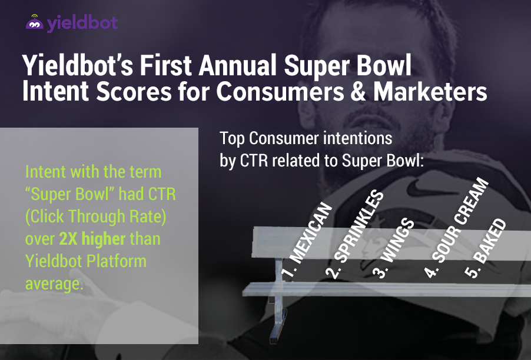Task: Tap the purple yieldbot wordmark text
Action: coord(82,23)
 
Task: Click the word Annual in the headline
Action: coord(238,65)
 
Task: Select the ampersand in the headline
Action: coord(358,91)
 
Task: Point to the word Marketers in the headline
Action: coord(430,91)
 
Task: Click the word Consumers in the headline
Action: coord(280,91)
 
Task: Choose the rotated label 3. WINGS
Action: coord(393,249)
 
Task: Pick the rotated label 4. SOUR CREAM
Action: coord(456,228)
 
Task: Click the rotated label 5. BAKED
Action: coord(485,249)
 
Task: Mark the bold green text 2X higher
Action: coord(92,239)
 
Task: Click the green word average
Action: coord(54,284)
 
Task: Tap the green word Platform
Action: coord(116,261)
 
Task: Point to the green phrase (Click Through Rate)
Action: coord(96,217)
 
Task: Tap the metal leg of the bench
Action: coord(278,301)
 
